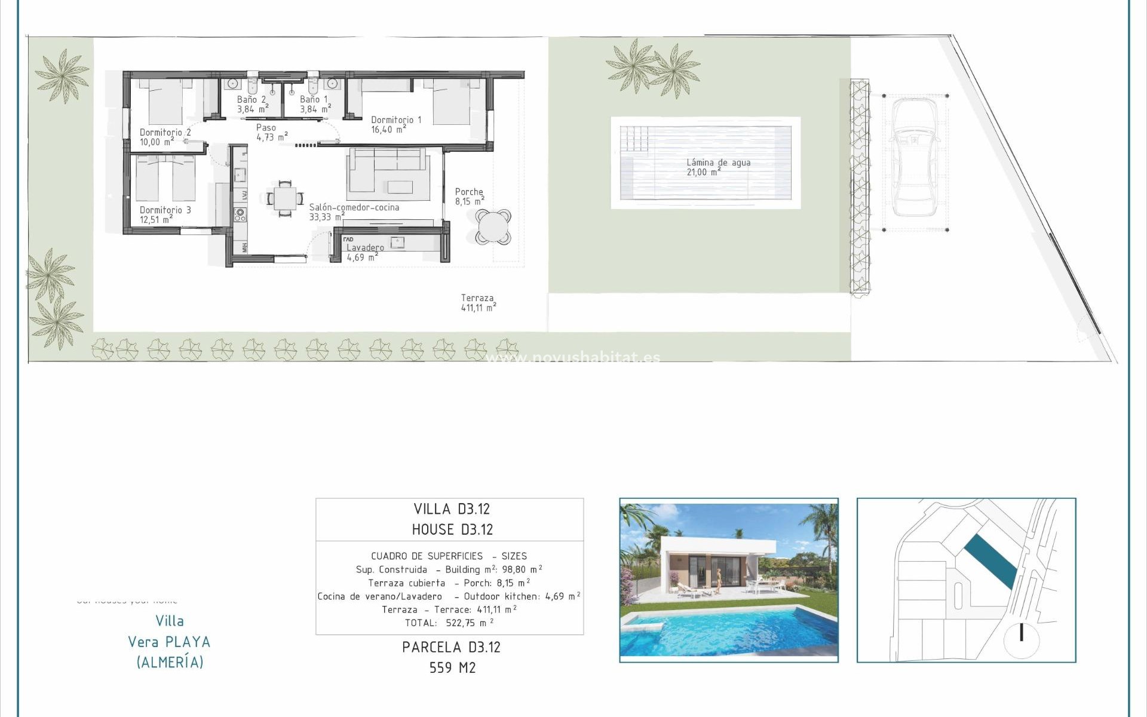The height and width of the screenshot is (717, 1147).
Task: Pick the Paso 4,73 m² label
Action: tap(271, 132)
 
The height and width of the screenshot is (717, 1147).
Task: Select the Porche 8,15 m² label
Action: tap(470, 197)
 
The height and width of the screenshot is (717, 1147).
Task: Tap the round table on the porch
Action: tap(493, 227)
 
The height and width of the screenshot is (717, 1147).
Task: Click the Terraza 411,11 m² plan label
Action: tap(478, 303)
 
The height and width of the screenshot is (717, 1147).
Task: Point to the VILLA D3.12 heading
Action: tap(452, 509)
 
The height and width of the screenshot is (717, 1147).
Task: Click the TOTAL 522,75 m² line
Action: tap(449, 623)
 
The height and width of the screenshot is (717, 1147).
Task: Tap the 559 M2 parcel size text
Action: tap(452, 668)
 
